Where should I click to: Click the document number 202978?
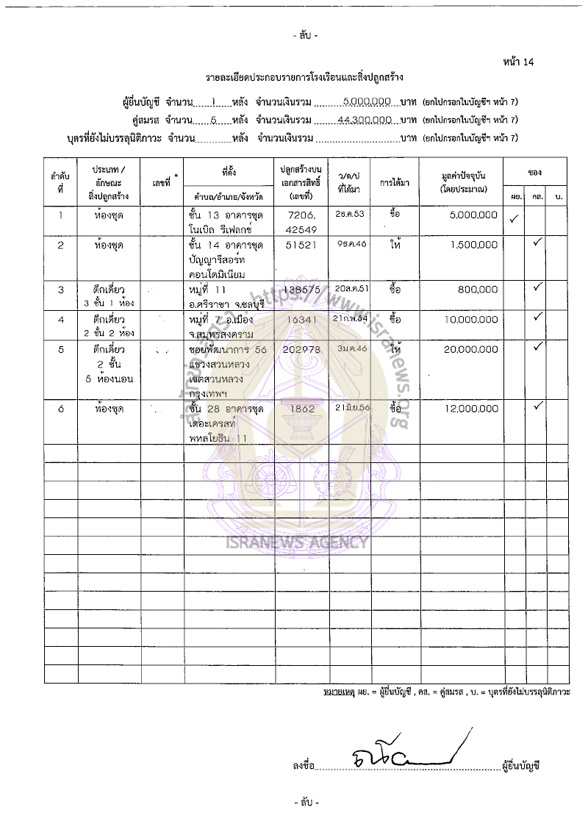[301, 350]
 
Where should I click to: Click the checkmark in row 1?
[514, 218]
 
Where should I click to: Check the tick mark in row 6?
[537, 405]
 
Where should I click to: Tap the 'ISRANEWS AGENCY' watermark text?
[297, 543]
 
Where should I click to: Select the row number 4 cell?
[60, 320]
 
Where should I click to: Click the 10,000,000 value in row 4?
[471, 320]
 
